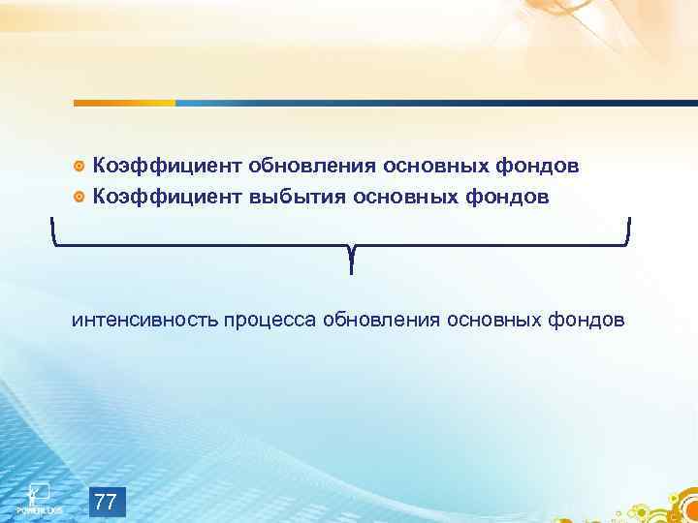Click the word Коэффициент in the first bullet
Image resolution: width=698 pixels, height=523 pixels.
click(x=168, y=166)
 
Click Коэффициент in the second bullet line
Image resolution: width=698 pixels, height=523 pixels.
click(x=168, y=197)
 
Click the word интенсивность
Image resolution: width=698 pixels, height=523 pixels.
click(x=144, y=319)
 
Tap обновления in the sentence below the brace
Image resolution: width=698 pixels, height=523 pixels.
click(x=382, y=319)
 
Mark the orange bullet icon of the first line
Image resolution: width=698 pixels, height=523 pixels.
click(x=79, y=167)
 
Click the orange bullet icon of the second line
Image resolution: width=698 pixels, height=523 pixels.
click(x=79, y=198)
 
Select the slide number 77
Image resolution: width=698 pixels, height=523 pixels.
click(x=107, y=502)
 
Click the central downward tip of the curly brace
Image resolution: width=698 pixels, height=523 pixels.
click(x=350, y=266)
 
